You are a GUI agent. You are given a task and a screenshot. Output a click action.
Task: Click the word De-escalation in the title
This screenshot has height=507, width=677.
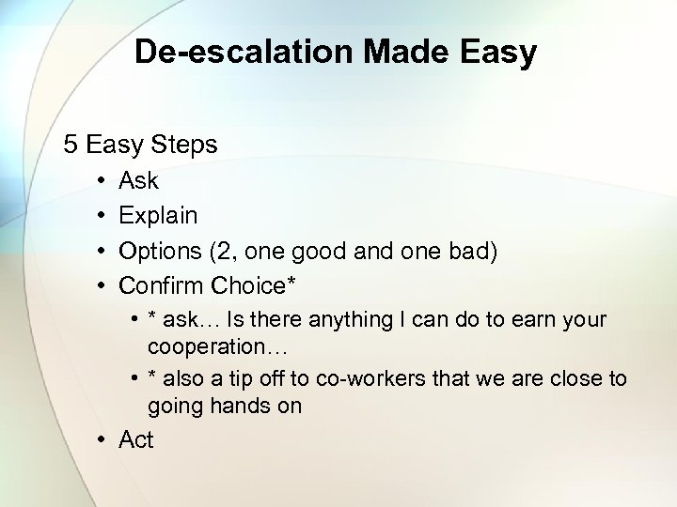pyautogui.click(x=233, y=52)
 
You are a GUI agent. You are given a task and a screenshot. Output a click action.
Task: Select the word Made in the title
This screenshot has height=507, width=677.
pyautogui.click(x=389, y=52)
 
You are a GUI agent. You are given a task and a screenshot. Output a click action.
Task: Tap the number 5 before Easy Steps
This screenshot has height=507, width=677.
pyautogui.click(x=71, y=145)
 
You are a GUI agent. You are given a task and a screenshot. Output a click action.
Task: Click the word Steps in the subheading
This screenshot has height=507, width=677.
pyautogui.click(x=185, y=145)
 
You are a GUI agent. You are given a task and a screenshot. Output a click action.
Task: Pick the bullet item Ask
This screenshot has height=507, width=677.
pyautogui.click(x=138, y=180)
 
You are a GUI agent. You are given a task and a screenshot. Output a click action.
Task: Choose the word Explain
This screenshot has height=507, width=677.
pyautogui.click(x=158, y=216)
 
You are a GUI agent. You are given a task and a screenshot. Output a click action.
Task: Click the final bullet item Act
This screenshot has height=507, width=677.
pyautogui.click(x=136, y=439)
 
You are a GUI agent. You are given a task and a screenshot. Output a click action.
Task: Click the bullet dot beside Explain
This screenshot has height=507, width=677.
pyautogui.click(x=100, y=216)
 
